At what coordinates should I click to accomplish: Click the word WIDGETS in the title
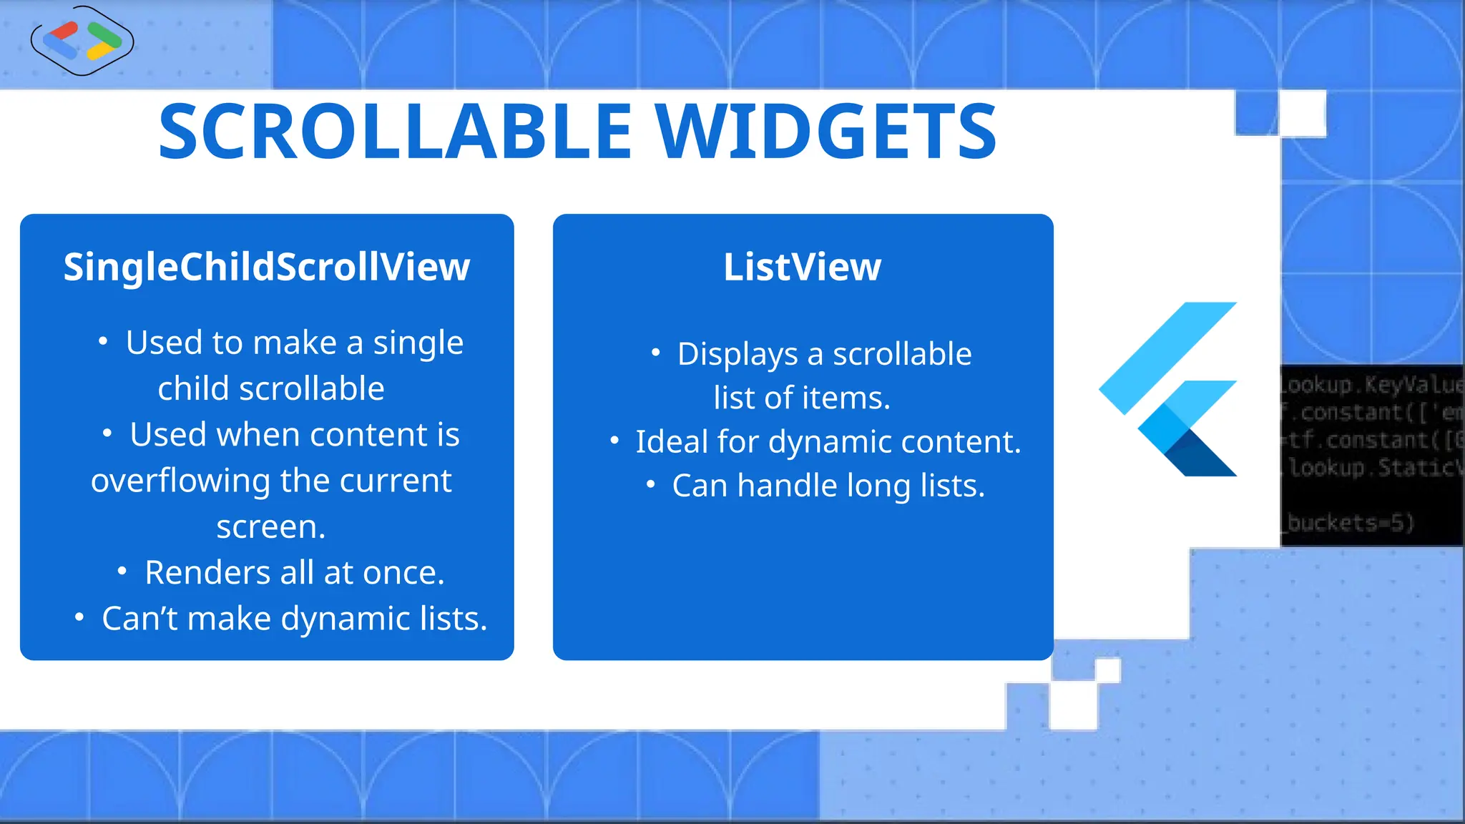(x=826, y=132)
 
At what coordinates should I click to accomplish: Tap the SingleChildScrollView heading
(x=266, y=268)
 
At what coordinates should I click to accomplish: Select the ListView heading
(x=802, y=268)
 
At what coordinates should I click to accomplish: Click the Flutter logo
(x=1173, y=390)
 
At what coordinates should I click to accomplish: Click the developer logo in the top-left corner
(x=82, y=41)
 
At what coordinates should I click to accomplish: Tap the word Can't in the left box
(x=139, y=619)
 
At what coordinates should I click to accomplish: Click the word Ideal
(x=671, y=442)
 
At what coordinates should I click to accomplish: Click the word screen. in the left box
(x=271, y=527)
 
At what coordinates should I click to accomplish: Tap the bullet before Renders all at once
(x=122, y=572)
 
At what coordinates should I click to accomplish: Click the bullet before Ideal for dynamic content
(x=614, y=441)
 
